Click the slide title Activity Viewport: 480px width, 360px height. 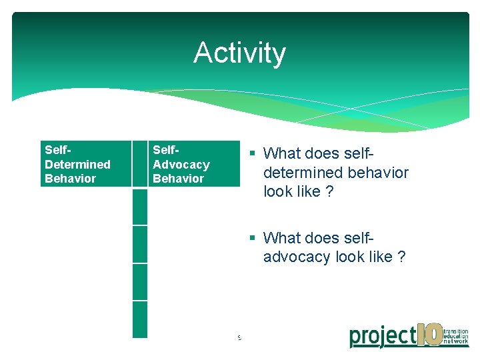point(239,53)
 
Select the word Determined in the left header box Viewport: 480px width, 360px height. point(77,164)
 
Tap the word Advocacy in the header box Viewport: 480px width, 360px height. point(181,164)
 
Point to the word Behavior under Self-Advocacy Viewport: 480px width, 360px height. point(178,179)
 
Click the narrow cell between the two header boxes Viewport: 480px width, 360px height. point(139,163)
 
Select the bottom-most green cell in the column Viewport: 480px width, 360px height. point(139,319)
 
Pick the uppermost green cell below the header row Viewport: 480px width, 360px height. point(139,207)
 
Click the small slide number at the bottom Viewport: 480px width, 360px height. point(239,338)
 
